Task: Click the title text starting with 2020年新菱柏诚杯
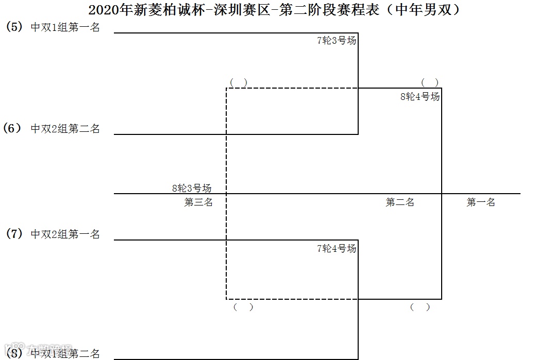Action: coord(274,10)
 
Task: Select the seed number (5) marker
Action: coord(14,27)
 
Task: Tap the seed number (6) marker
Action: coord(12,128)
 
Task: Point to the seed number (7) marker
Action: coord(14,234)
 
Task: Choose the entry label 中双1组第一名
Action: coord(65,28)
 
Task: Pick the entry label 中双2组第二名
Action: coord(65,129)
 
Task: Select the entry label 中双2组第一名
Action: coord(65,234)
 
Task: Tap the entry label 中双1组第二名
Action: coord(65,354)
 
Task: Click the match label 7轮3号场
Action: coord(337,41)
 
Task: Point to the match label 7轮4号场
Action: coord(337,249)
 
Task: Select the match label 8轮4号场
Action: coord(420,96)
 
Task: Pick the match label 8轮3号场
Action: coord(192,188)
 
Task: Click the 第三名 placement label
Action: coord(198,202)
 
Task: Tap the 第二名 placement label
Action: coord(400,202)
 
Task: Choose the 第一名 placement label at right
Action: coord(481,202)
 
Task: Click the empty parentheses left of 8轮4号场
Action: coord(239,82)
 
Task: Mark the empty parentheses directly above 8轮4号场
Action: coord(430,82)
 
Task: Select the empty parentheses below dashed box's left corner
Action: coord(243,307)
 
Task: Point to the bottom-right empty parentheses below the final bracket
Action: coord(420,307)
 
